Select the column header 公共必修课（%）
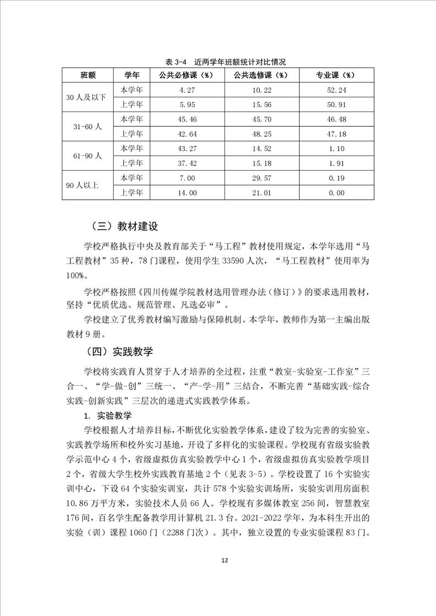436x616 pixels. tap(188, 74)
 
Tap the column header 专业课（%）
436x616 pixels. tap(335, 74)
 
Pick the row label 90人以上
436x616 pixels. tap(83, 185)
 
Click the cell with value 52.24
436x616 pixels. tap(336, 89)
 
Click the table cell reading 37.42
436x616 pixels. tap(188, 163)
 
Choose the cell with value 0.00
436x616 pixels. tap(336, 193)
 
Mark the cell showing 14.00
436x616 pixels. tap(188, 193)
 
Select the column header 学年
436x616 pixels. tap(131, 74)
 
